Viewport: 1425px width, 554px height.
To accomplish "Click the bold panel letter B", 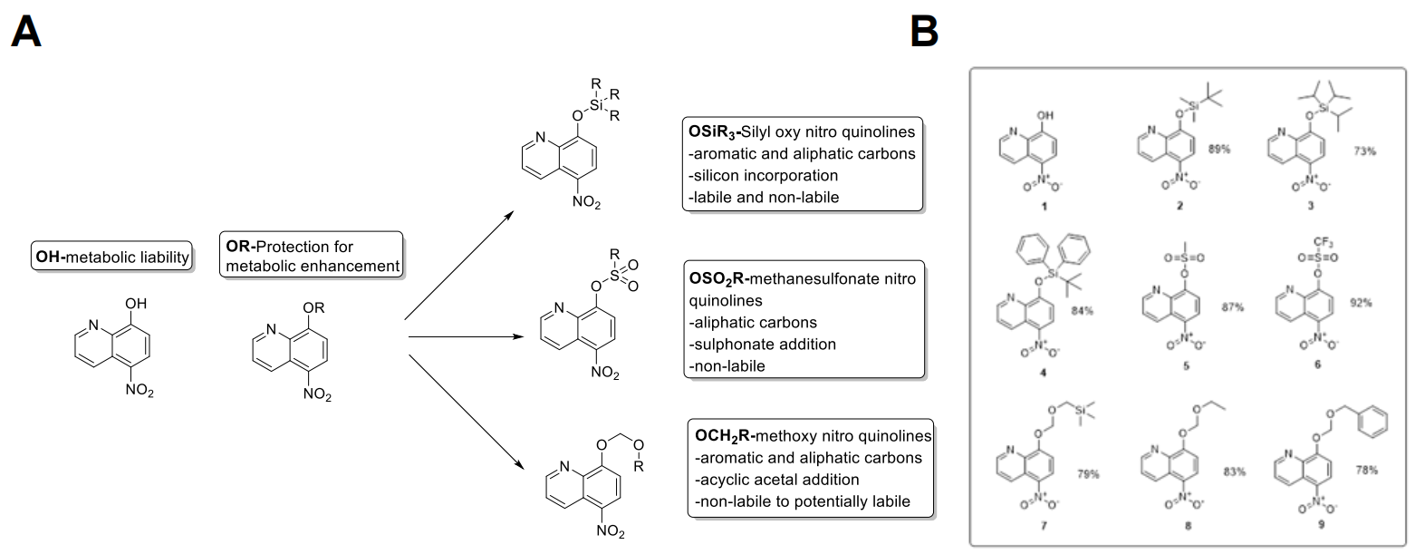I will point(924,32).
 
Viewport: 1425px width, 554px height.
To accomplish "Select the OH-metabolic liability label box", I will point(112,257).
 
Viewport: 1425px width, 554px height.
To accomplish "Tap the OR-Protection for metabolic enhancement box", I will point(312,256).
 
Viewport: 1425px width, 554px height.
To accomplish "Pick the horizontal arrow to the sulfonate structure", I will point(467,337).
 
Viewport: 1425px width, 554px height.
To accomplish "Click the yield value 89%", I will point(1219,149).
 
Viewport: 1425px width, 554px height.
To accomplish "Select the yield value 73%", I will point(1363,151).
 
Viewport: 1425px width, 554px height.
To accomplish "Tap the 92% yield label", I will point(1361,303).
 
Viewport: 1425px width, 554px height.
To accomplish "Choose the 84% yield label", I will point(1081,311).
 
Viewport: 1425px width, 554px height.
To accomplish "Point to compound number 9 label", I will point(1321,523).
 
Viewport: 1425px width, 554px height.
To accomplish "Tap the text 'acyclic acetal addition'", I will point(776,479).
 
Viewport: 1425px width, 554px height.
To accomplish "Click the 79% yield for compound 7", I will point(1088,473).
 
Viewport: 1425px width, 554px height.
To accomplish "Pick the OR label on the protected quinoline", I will point(314,309).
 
